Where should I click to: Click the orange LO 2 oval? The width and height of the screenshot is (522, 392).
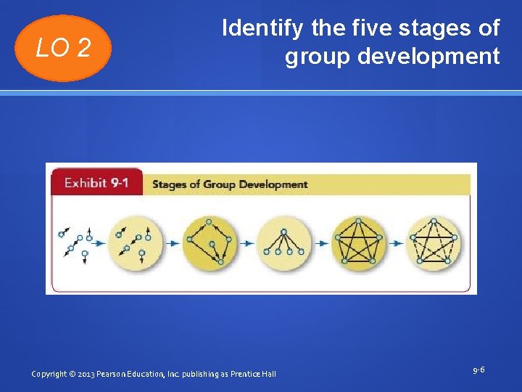pyautogui.click(x=63, y=49)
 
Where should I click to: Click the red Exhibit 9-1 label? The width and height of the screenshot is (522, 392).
pyautogui.click(x=96, y=183)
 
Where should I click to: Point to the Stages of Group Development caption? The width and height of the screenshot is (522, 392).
pyautogui.click(x=230, y=184)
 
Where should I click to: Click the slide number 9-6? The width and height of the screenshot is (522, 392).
pyautogui.click(x=478, y=370)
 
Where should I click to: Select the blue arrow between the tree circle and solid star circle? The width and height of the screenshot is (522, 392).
pyautogui.click(x=321, y=243)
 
